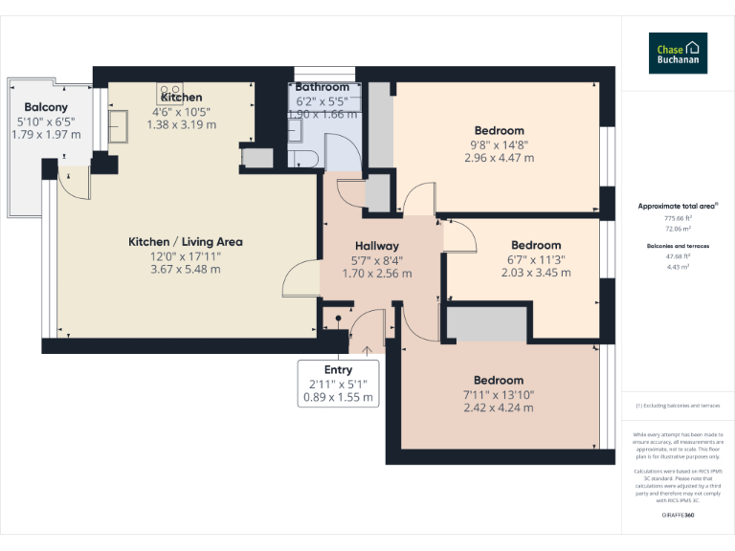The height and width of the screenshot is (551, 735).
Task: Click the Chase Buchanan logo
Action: (678, 53)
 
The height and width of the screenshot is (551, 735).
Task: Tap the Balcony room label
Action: (45, 107)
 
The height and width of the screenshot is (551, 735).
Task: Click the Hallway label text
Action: (376, 246)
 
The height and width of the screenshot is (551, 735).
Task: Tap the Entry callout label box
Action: (338, 383)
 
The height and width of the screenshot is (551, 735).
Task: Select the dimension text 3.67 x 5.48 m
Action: (185, 269)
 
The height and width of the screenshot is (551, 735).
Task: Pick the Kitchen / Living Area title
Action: (185, 242)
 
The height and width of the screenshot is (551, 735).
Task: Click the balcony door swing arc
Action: (75, 182)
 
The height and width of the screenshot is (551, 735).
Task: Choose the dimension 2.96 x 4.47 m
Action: (499, 158)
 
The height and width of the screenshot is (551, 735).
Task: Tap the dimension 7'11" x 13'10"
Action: (499, 394)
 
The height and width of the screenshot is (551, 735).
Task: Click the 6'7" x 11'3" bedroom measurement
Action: (536, 259)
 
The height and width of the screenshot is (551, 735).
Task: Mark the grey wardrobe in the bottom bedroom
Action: (486, 324)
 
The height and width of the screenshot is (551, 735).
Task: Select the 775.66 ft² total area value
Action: (678, 218)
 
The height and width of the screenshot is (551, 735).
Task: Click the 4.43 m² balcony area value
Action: (678, 267)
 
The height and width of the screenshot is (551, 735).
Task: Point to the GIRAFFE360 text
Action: (678, 516)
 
